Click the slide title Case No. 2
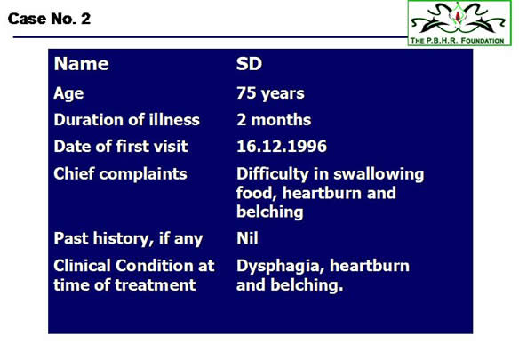pyautogui.click(x=49, y=19)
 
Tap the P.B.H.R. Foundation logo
pyautogui.click(x=459, y=23)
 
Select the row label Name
pyautogui.click(x=82, y=63)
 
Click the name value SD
pyautogui.click(x=249, y=63)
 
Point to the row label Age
pyautogui.click(x=68, y=93)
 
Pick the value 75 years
pyautogui.click(x=270, y=93)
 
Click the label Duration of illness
pyautogui.click(x=127, y=120)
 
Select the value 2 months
pyautogui.click(x=274, y=120)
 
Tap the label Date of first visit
pyautogui.click(x=121, y=146)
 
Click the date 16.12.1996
pyautogui.click(x=282, y=146)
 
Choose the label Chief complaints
pyautogui.click(x=121, y=174)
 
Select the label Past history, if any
pyautogui.click(x=129, y=239)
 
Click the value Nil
pyautogui.click(x=247, y=238)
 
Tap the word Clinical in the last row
pyautogui.click(x=83, y=266)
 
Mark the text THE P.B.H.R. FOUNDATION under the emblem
pyautogui.click(x=457, y=41)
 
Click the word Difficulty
pyautogui.click(x=273, y=174)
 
